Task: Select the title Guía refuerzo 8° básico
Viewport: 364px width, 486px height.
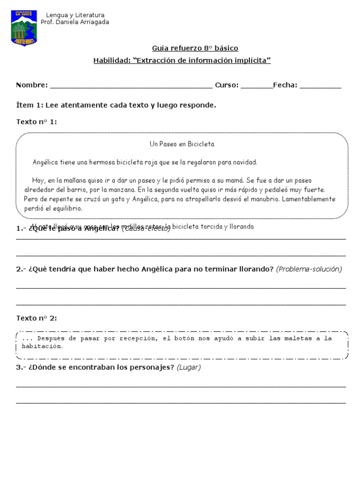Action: click(x=195, y=48)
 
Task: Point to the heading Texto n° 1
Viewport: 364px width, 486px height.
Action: click(x=36, y=122)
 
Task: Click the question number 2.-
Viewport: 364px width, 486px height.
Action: click(x=21, y=269)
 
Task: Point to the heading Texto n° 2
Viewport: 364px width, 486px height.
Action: click(x=36, y=318)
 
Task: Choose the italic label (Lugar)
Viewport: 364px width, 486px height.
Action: click(x=188, y=367)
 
